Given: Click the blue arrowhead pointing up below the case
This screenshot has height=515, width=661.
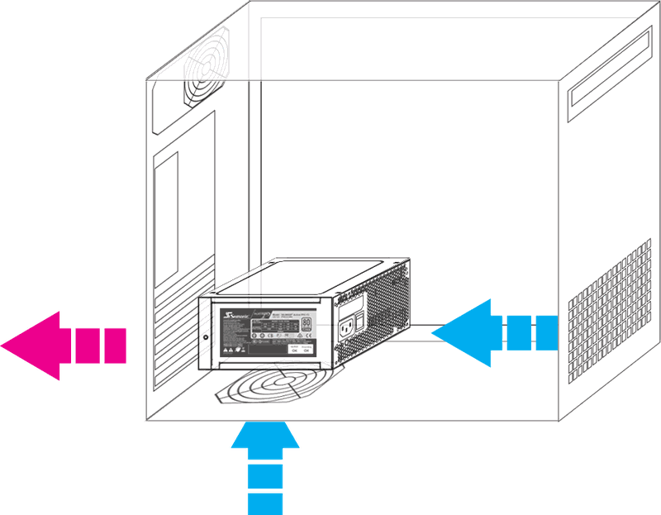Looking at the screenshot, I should click(x=267, y=439).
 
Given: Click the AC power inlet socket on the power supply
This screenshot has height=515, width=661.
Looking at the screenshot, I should click(x=347, y=332).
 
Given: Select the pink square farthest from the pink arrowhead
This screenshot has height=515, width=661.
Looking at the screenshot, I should click(x=117, y=346).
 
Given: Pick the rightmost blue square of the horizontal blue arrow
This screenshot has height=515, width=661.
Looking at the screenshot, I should click(x=548, y=332).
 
